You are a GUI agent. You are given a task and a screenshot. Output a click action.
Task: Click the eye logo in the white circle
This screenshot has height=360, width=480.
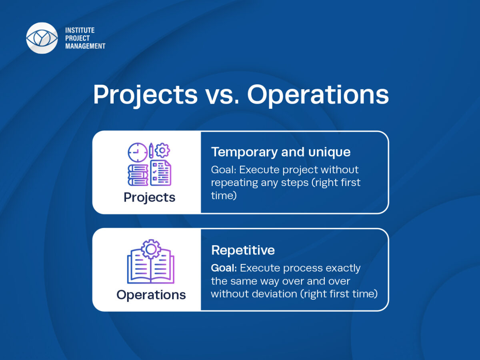pos(42,38)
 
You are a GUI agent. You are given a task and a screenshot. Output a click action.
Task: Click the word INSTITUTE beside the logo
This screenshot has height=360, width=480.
pos(80,30)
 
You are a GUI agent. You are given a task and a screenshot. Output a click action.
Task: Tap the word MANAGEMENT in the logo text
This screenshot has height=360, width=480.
pos(85,46)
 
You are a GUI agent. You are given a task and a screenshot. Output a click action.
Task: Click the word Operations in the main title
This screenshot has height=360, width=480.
pos(318,95)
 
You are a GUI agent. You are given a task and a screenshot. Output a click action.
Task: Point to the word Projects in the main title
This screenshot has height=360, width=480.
pos(146,95)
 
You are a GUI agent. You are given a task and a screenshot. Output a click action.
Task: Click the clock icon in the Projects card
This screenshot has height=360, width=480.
pos(138,152)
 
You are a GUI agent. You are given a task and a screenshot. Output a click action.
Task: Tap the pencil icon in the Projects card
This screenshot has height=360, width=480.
pos(151,150)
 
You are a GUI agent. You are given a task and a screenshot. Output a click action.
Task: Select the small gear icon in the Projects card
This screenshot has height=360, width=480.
pos(162,150)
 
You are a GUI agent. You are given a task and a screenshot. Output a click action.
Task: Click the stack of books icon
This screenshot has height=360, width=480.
pos(138,175)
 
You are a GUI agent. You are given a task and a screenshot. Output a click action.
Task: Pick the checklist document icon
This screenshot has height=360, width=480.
pos(161,173)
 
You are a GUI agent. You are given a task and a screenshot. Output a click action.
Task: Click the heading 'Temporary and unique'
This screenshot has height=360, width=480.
pos(281,152)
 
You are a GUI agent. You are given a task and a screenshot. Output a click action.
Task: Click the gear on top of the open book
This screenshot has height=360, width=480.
pos(151,249)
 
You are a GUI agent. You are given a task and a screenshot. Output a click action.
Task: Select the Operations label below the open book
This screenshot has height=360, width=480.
pos(151,295)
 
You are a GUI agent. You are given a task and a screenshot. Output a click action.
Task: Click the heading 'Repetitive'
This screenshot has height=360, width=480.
pos(243,250)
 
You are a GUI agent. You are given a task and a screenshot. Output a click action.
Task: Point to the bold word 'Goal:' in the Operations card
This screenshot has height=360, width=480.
pos(224,268)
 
